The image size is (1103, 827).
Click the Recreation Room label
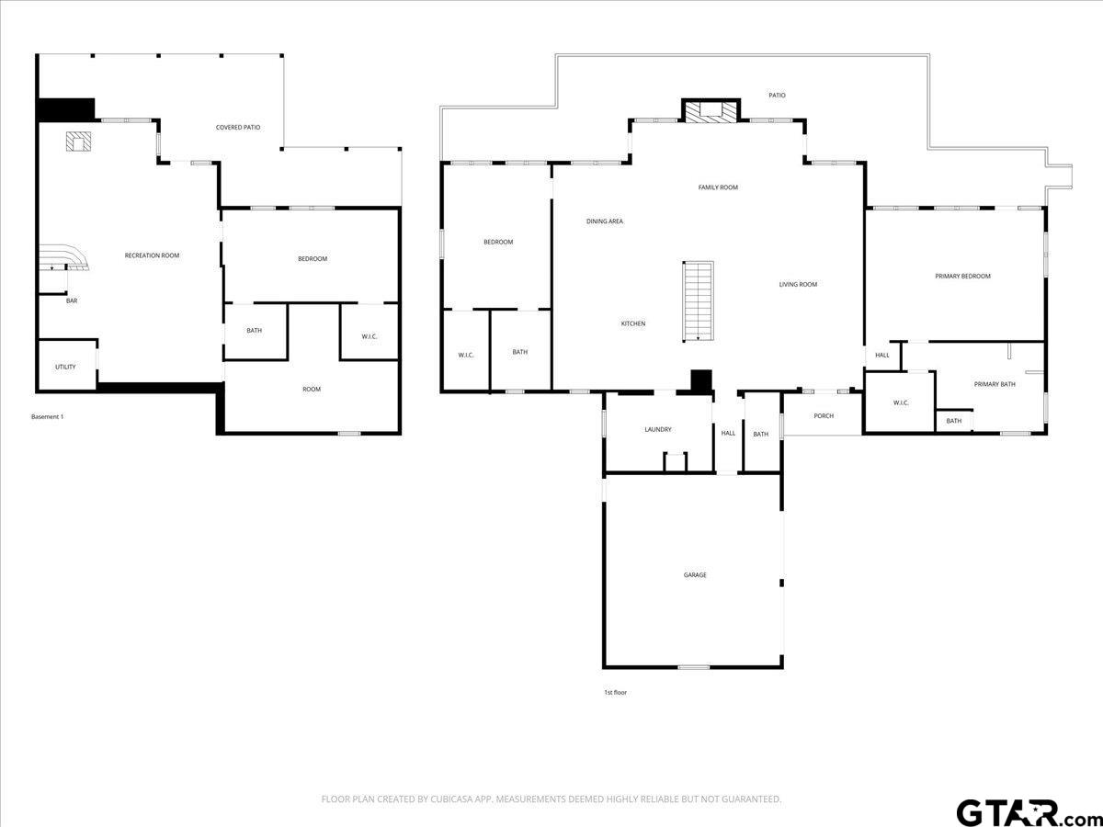point(152,255)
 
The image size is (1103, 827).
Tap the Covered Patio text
point(238,128)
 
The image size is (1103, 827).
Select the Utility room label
point(65,367)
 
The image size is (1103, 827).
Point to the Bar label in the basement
point(72,300)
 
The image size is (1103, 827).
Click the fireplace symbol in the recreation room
point(78,142)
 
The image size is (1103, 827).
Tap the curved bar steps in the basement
point(64,257)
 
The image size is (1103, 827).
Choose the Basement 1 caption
point(47,417)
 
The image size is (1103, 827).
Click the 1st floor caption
point(616,693)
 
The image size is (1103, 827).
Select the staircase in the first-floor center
point(698,301)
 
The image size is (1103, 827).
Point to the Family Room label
point(718,187)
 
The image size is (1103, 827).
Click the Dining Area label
point(605,221)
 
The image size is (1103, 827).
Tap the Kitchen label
point(633,323)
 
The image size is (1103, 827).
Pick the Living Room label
point(798,285)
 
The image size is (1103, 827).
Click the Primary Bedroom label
point(962,277)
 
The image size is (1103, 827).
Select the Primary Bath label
point(995,385)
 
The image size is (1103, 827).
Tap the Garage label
point(695,575)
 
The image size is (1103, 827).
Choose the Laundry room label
point(658,430)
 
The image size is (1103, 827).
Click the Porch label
point(824,416)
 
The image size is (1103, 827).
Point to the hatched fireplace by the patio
point(711,112)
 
